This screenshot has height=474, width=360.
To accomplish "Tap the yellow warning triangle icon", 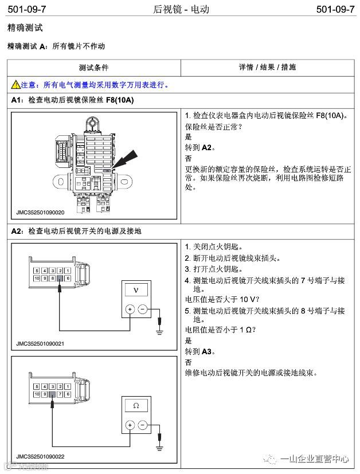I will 16,85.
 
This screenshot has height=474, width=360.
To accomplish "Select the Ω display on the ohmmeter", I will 135,406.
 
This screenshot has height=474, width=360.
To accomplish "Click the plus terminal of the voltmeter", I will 130,310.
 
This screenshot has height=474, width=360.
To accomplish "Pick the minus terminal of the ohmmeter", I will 142,425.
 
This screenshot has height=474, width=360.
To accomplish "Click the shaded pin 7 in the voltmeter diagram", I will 60,278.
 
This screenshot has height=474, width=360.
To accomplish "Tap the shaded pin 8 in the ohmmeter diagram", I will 52,394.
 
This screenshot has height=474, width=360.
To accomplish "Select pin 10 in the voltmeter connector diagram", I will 37,278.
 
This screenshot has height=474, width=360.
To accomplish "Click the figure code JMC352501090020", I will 40,213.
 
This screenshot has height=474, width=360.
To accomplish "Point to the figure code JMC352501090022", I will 40,456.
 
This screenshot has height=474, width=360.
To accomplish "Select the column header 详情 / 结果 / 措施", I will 267,68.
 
